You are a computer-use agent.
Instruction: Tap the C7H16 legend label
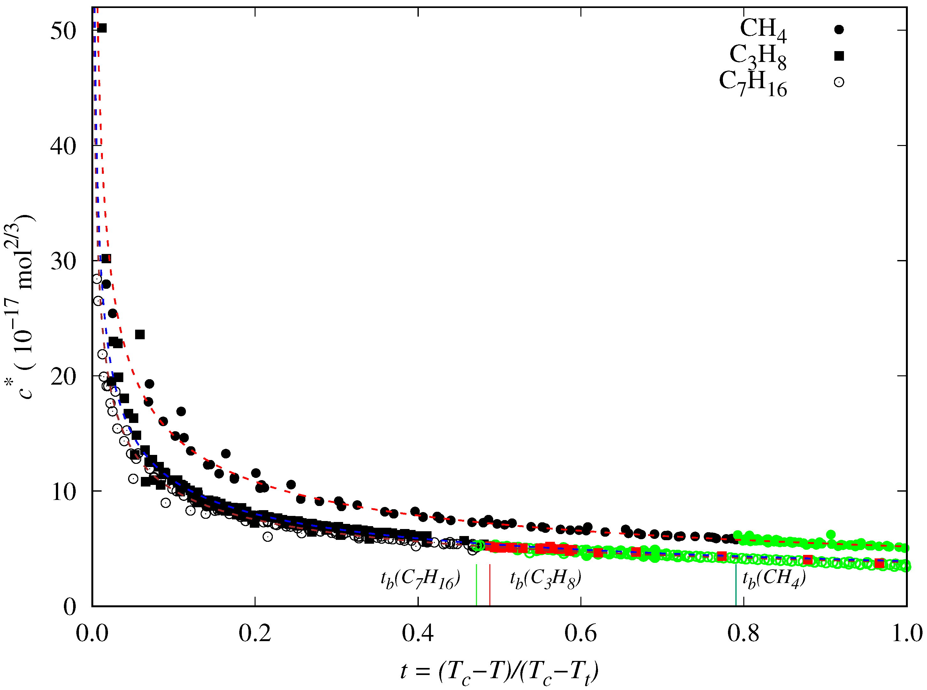coord(753,83)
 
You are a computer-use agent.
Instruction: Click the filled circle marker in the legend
coord(839,30)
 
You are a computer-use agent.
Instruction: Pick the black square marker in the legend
coord(839,56)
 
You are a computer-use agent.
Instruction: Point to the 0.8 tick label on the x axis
coord(743,633)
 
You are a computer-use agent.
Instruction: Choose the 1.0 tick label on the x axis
coord(907,633)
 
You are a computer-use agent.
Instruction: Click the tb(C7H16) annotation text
coord(420,579)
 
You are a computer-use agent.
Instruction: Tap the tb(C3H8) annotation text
coord(545,579)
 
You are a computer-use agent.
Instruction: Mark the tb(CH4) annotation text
coord(774,579)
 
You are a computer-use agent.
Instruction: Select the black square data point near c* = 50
coord(102,28)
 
